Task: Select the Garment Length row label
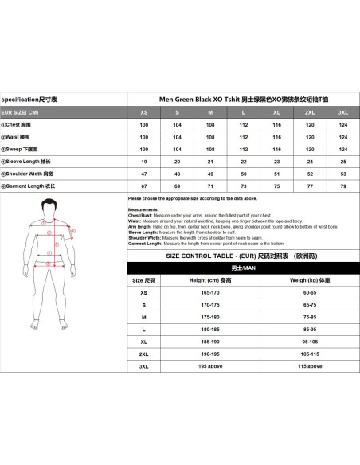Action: coord(29,186)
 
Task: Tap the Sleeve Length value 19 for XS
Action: coord(144,161)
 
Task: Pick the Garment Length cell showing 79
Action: coord(342,186)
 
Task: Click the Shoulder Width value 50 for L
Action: coord(243,174)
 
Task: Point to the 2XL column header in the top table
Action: coord(310,112)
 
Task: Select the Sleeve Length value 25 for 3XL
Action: coord(342,161)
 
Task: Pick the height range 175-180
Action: coord(198,316)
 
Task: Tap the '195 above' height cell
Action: coord(198,366)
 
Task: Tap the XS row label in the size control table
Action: coord(143,292)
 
